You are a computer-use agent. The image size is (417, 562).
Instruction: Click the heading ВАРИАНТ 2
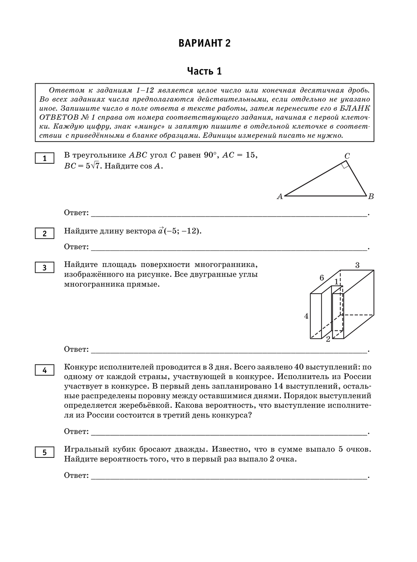(204, 43)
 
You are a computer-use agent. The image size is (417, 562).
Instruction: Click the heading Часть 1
(204, 71)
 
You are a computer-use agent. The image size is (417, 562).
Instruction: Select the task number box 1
(45, 158)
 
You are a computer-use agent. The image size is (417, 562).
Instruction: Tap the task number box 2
(45, 234)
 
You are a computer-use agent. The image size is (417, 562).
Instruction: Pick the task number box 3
(45, 267)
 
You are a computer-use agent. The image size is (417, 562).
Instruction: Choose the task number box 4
(45, 370)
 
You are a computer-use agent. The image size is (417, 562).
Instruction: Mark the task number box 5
(45, 452)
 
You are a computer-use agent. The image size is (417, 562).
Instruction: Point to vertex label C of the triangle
(347, 156)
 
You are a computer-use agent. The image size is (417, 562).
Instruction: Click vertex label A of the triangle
(280, 197)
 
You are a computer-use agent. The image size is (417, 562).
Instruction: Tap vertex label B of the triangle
(371, 197)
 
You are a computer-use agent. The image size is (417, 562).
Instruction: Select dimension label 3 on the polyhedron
(357, 265)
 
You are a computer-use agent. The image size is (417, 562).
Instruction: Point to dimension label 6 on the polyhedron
(322, 278)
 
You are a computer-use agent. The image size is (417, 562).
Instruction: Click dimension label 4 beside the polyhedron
(306, 316)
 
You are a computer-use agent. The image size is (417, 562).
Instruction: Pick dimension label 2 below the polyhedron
(328, 339)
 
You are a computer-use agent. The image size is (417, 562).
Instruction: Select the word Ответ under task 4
(76, 432)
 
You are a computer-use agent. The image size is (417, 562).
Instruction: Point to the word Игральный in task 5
(85, 449)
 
